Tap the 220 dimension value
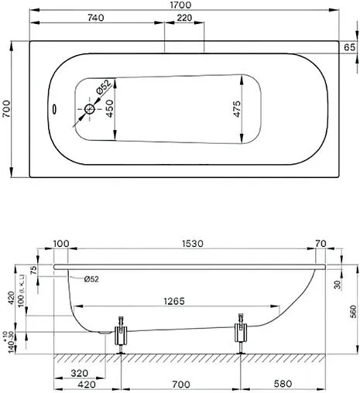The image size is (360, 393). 184,17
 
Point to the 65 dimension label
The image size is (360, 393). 349,48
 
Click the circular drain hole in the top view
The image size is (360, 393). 90,110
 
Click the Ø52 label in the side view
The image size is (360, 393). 89,279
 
